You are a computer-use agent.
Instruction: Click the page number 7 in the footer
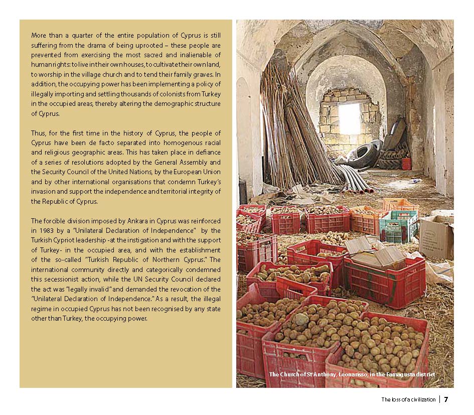pos(445,399)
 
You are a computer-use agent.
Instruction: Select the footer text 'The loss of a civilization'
pos(409,400)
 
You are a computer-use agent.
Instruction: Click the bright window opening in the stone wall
pos(349,118)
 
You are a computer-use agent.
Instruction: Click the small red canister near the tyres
pos(406,164)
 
